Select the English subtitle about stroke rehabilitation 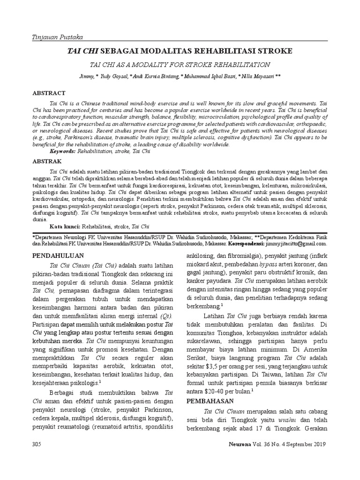click(180, 65)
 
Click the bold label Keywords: click(63, 151)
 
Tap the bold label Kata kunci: click(65, 226)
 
